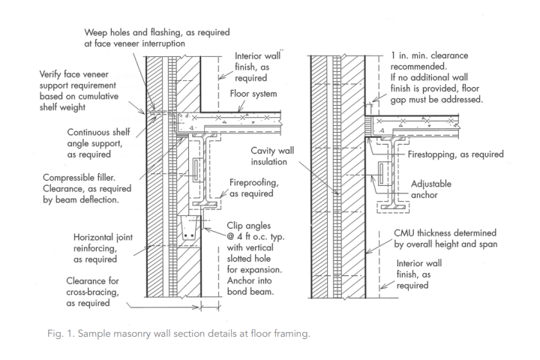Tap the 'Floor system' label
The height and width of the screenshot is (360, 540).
pos(252,94)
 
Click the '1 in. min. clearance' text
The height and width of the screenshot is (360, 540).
pos(435,56)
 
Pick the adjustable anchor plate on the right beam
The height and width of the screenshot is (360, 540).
pos(385,173)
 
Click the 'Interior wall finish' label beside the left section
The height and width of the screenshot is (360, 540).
pos(258,65)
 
